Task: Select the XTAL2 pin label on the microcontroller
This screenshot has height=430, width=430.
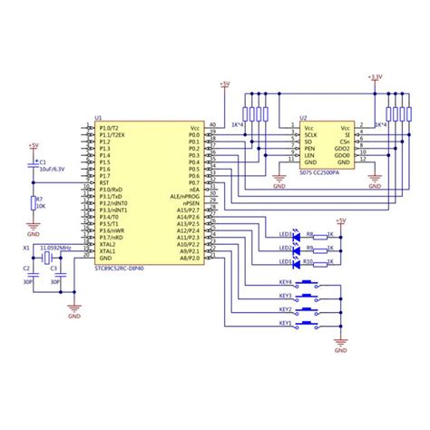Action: (x=107, y=244)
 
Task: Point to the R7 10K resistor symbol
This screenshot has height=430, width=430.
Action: (x=34, y=203)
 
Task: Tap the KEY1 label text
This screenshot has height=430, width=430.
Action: (x=284, y=323)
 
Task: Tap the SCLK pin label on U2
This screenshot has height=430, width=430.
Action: (x=310, y=135)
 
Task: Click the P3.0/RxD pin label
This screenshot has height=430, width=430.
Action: (x=110, y=190)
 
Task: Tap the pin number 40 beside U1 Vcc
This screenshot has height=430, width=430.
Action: (x=212, y=124)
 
